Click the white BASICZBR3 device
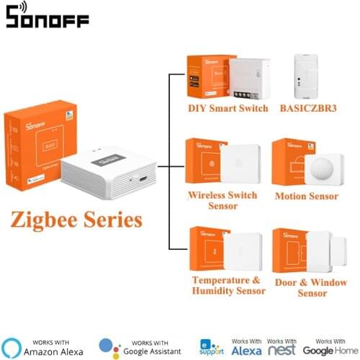[x=313, y=76]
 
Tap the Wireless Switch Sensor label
[x=222, y=200]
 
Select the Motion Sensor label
[x=307, y=195]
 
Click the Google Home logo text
[x=329, y=350]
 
